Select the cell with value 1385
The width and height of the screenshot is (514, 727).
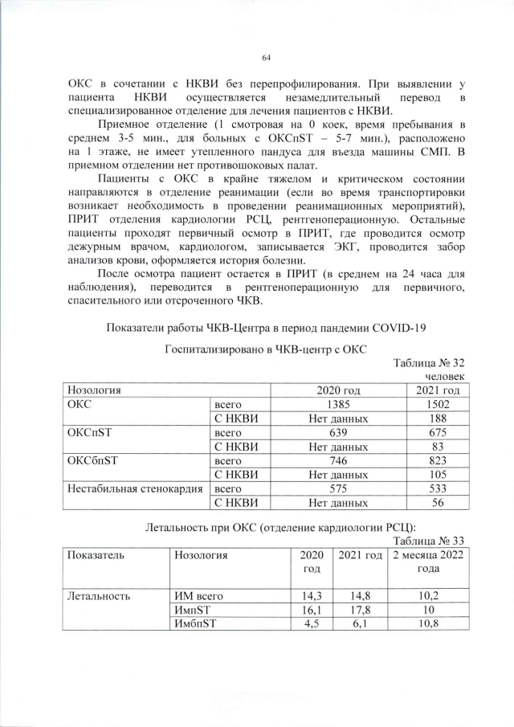click(x=338, y=404)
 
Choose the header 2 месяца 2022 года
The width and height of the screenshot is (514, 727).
click(x=427, y=562)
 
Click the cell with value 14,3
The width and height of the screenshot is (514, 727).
click(x=309, y=596)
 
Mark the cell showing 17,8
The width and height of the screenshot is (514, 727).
click(x=359, y=610)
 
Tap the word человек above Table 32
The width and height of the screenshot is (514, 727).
click(x=446, y=376)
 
